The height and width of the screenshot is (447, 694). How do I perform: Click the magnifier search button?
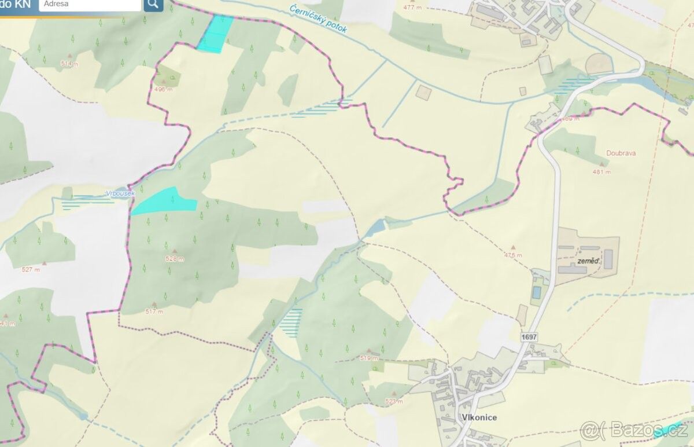153,5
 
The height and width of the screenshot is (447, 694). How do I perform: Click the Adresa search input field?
90,5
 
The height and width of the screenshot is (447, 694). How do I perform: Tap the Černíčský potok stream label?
318,18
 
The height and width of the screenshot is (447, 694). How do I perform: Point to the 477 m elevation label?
412,8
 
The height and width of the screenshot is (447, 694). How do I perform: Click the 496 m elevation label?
164,89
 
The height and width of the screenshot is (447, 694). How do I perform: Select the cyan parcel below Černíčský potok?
215,34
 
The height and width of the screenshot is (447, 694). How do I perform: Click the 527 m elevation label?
31,269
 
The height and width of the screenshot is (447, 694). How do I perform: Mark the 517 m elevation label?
154,312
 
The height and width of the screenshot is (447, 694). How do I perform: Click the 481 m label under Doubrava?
601,172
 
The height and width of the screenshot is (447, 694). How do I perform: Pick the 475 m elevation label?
512,255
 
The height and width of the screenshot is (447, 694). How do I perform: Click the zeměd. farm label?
586,261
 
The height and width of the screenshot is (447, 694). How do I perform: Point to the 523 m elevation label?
394,401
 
